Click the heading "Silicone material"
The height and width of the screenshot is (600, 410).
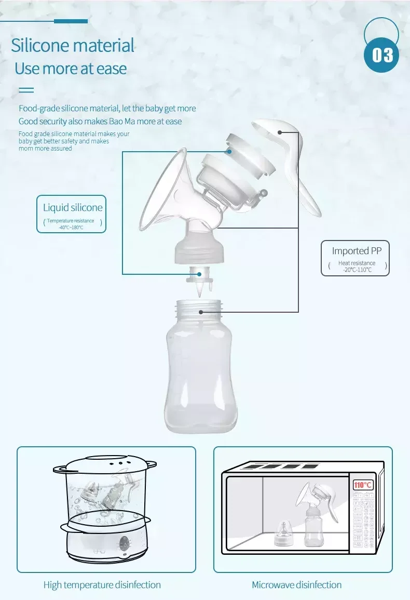[x=73, y=46]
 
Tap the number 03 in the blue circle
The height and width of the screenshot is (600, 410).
[x=382, y=55]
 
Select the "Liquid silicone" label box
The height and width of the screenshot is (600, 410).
[x=72, y=214]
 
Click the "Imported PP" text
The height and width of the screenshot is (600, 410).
[x=357, y=251]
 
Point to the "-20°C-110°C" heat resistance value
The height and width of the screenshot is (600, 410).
[x=357, y=270]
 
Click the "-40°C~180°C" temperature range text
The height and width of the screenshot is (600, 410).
[x=71, y=228]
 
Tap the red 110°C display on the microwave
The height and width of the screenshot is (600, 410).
[x=363, y=485]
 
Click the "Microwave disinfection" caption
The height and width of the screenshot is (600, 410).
[x=296, y=585]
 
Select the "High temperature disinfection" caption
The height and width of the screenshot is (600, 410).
[x=102, y=585]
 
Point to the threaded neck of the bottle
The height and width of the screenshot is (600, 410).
[x=199, y=310]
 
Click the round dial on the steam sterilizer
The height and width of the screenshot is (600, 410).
[x=124, y=544]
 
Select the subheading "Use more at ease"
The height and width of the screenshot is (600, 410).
[x=71, y=69]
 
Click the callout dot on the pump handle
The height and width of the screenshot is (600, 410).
[x=280, y=132]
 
